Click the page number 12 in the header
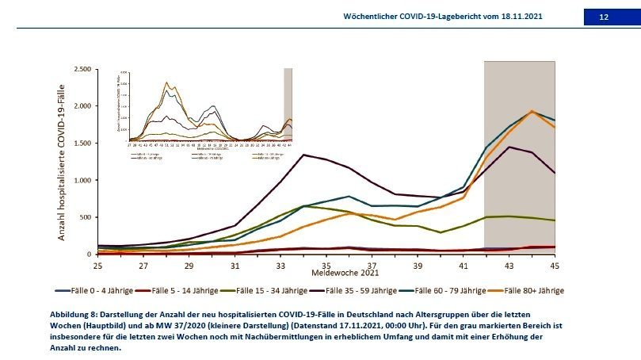(x=604, y=17)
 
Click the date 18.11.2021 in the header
(x=521, y=17)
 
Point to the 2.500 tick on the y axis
(x=81, y=69)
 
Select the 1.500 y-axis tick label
(x=81, y=143)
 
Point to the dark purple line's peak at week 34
(x=303, y=155)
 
